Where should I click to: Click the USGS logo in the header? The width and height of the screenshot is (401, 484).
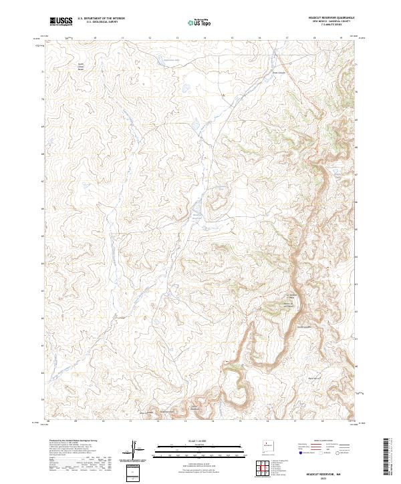point(60,21)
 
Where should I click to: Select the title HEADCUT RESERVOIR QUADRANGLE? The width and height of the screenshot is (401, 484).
point(331,17)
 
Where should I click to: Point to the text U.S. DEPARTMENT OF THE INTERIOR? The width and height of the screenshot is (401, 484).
point(102,19)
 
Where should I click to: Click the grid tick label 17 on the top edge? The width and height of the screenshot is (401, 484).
point(287,38)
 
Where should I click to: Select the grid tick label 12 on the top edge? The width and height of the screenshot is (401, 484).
point(150,38)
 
